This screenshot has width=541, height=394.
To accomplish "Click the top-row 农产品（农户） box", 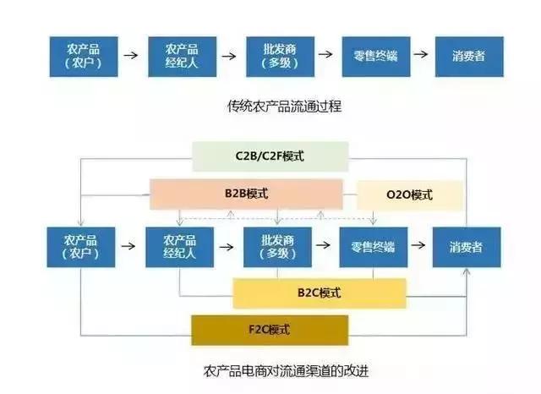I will pos(82,55).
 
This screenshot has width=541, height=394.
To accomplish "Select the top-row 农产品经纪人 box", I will pos(181,55).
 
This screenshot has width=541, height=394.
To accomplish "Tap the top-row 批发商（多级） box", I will pos(277,55).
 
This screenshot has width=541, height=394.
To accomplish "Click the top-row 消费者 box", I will pos(471,55).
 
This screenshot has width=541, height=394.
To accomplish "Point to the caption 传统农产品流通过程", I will pos(276,107).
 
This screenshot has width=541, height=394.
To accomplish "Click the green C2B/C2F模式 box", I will pos(270,156).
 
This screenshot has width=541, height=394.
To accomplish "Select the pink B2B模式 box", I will pos(246,194).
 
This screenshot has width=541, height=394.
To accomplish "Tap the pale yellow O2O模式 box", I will pos(409,195).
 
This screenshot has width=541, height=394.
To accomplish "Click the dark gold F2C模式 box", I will pos(270,329).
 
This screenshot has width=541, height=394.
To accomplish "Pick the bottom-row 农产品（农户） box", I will pos(82,246).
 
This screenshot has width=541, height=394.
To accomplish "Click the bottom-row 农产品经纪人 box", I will pos(181,246).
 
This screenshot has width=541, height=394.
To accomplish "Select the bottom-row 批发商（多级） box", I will pos(277,246).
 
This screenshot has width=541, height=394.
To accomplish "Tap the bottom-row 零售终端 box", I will pos(374,246).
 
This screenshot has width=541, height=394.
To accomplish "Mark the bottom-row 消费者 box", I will pos(467,246).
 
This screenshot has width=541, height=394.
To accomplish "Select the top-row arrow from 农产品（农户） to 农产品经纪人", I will pos(131,55).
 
